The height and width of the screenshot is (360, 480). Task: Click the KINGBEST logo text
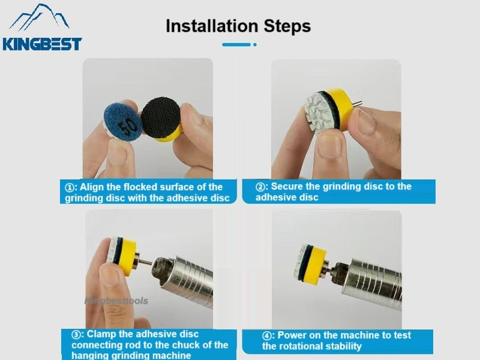(x=42, y=44)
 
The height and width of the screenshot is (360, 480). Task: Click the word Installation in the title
(x=212, y=26)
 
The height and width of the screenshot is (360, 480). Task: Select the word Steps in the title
(x=287, y=26)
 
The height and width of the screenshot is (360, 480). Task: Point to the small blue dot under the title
(x=254, y=44)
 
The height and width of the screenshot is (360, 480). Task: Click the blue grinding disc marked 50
(x=123, y=122)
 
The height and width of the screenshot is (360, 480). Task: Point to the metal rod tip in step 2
(x=358, y=104)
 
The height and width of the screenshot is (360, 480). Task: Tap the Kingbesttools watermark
(x=116, y=301)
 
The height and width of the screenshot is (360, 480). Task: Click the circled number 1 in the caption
(x=70, y=187)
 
